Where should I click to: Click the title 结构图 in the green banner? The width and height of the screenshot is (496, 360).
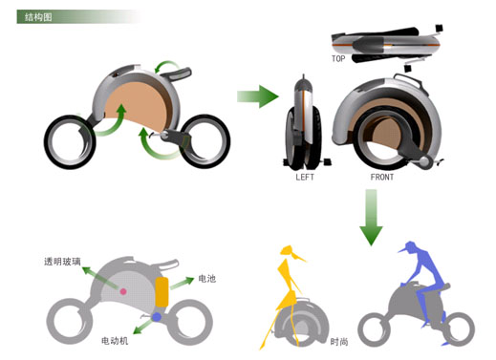[38, 17]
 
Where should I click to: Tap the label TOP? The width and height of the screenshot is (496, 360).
[338, 59]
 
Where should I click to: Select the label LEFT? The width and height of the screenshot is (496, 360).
[305, 177]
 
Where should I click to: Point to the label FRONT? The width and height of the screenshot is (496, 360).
[382, 177]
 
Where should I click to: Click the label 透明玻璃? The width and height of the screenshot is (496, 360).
[62, 262]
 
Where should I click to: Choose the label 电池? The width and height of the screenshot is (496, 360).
[207, 279]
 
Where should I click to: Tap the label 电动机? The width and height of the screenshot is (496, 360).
[115, 341]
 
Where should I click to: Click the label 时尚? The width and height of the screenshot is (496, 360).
[339, 342]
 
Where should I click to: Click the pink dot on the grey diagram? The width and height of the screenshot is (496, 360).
[123, 291]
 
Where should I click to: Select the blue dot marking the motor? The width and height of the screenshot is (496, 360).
[157, 317]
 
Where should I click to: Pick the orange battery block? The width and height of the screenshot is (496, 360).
[162, 292]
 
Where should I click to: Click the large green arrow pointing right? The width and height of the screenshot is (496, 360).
[258, 96]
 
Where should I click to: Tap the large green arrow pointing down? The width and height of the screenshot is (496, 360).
[371, 218]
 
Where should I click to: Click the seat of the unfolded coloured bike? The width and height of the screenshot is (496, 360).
[176, 74]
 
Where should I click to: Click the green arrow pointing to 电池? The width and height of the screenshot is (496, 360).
[182, 283]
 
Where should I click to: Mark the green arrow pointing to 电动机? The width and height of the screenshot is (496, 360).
[143, 327]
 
